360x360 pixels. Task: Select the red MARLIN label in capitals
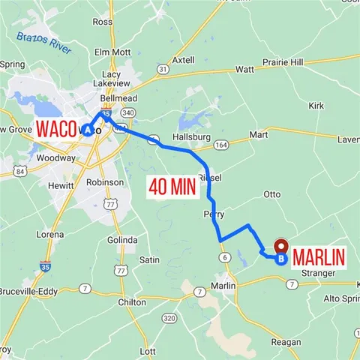(x=319, y=257)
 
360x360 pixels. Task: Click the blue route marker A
(x=88, y=130)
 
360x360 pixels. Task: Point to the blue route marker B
(x=280, y=259)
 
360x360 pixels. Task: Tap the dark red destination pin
(x=282, y=246)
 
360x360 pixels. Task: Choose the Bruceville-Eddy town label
(x=27, y=291)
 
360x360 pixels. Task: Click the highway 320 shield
(x=169, y=319)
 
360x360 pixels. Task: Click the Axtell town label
(x=183, y=59)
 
